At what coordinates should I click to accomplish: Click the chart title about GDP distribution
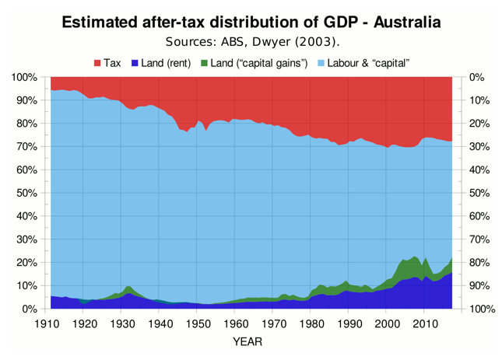tap(251, 22)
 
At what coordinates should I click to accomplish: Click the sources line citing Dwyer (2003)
tap(251, 41)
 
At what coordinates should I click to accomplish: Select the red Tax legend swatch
tap(97, 61)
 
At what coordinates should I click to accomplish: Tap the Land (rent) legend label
tap(166, 61)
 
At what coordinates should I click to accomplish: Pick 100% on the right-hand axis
tap(483, 309)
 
